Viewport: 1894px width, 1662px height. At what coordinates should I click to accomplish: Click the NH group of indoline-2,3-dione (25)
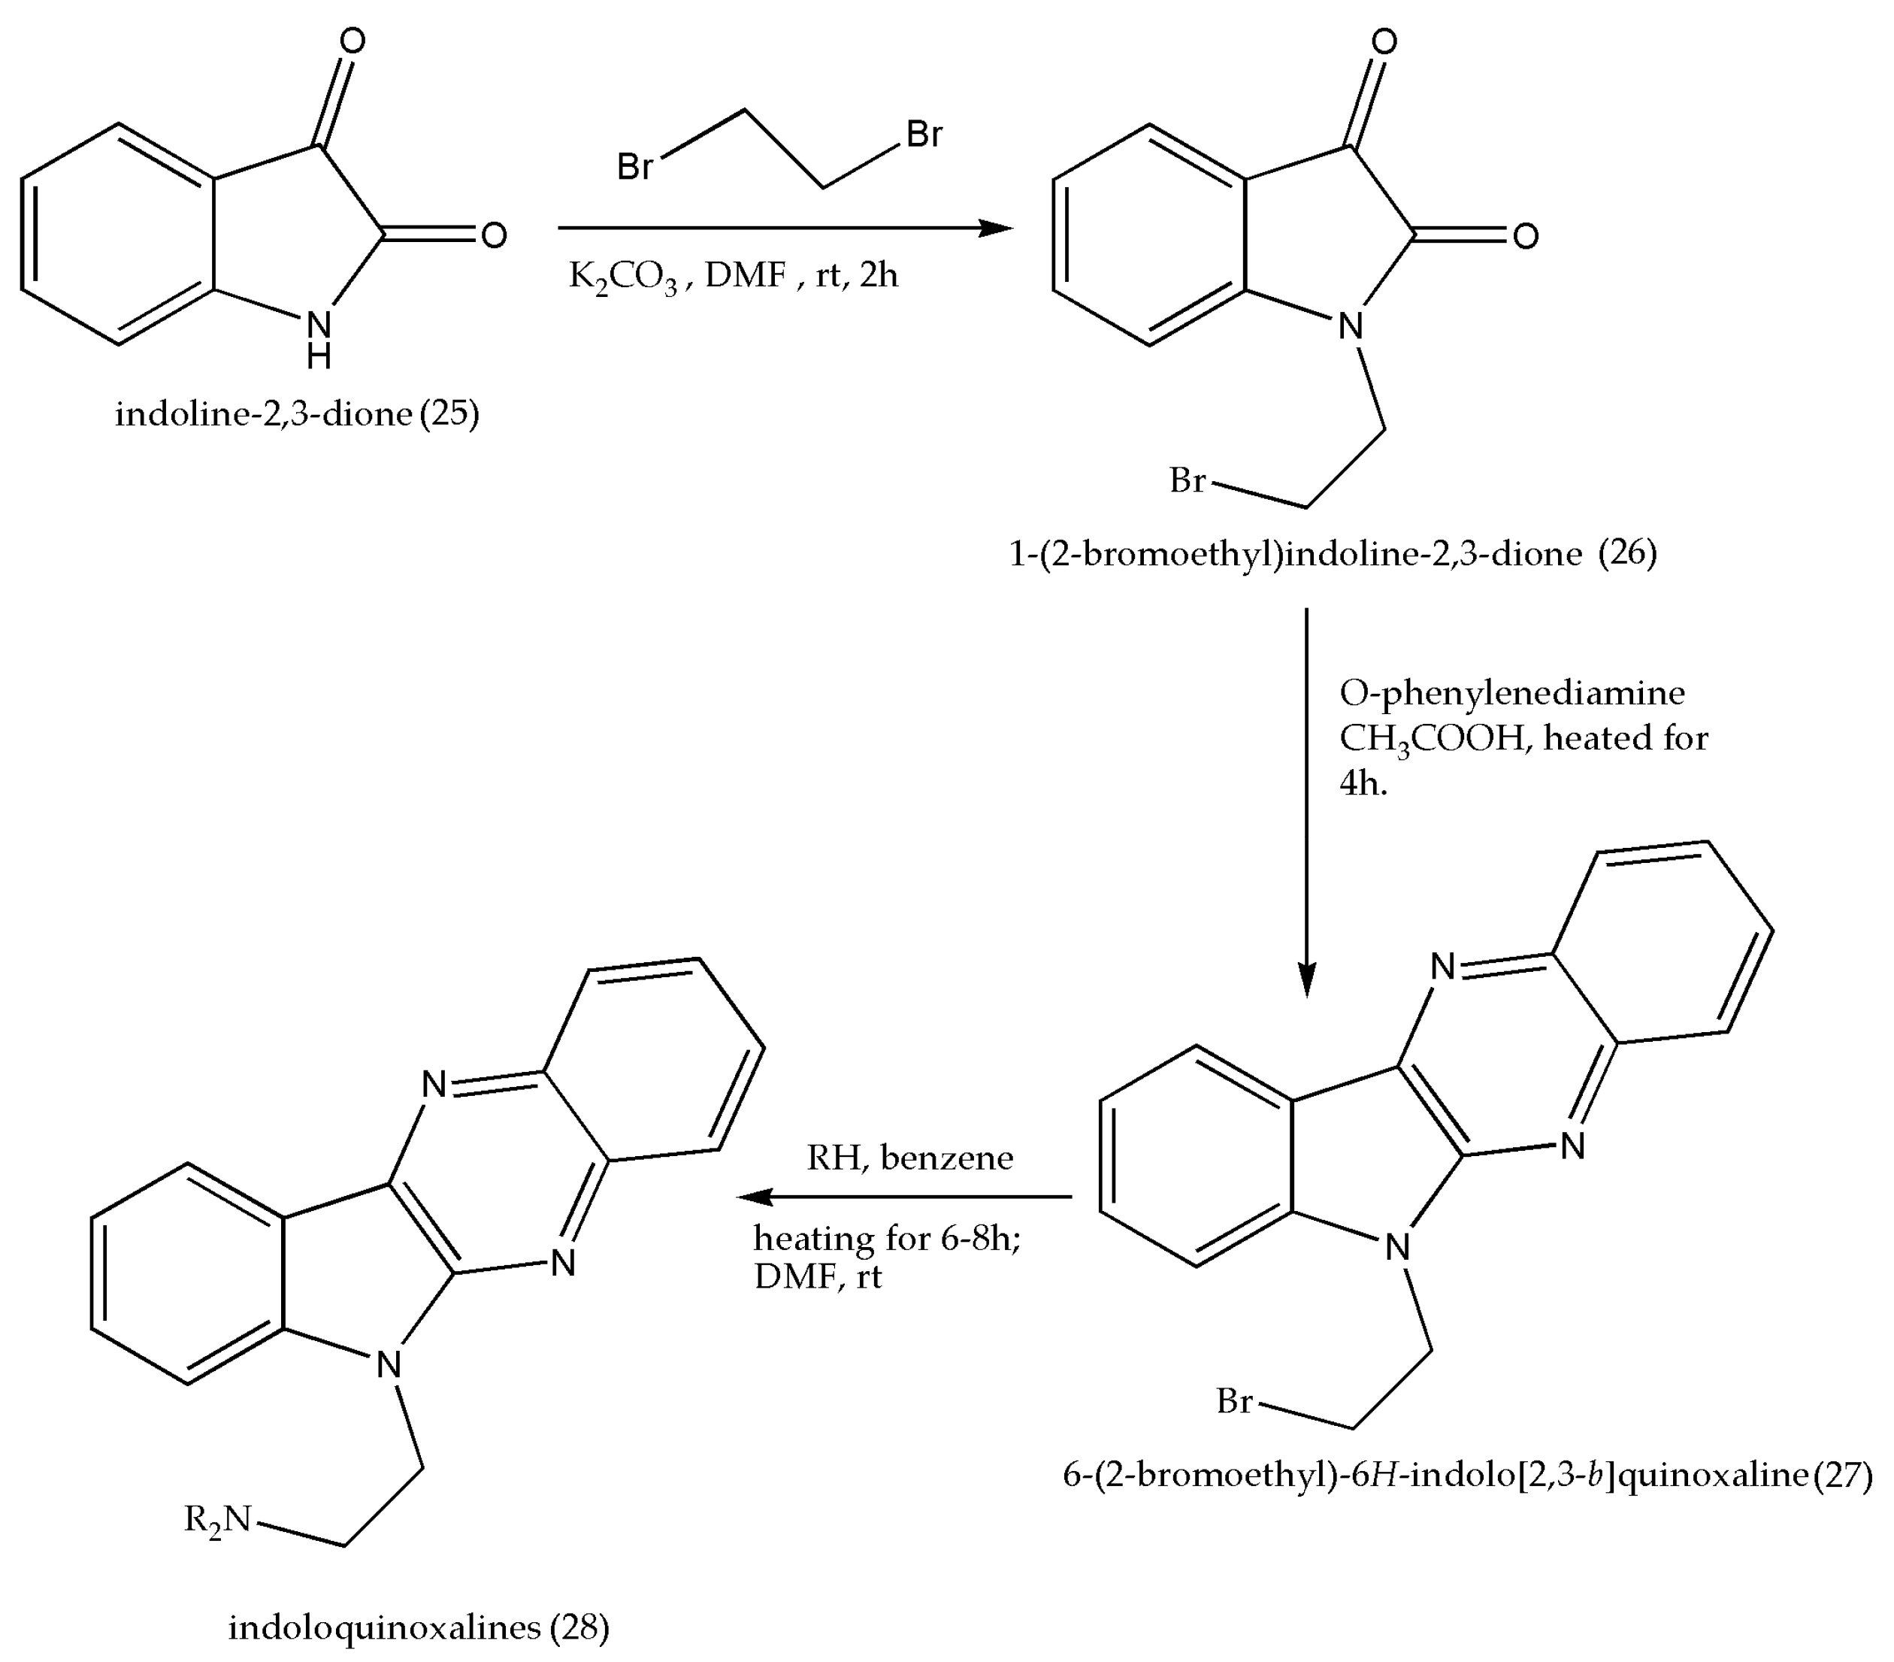pyautogui.click(x=318, y=338)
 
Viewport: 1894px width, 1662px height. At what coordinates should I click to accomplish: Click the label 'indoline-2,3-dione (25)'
pyautogui.click(x=297, y=413)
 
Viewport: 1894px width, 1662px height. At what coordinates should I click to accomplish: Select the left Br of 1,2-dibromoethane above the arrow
pyautogui.click(x=635, y=167)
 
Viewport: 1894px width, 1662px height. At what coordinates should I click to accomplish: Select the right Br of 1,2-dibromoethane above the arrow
pyautogui.click(x=924, y=135)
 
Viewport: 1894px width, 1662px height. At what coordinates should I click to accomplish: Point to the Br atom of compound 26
pyautogui.click(x=1187, y=481)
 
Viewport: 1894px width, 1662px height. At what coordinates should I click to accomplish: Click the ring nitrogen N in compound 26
pyautogui.click(x=1351, y=325)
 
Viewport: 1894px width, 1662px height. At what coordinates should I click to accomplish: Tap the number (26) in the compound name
pyautogui.click(x=1628, y=552)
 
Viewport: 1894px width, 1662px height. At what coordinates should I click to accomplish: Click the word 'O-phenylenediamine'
pyautogui.click(x=1512, y=692)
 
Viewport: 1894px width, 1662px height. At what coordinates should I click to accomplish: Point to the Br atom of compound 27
pyautogui.click(x=1234, y=1400)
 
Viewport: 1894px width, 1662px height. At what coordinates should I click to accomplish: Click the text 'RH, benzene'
pyautogui.click(x=910, y=1158)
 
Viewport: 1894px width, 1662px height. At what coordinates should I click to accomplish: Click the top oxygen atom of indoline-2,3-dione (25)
pyautogui.click(x=352, y=41)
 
